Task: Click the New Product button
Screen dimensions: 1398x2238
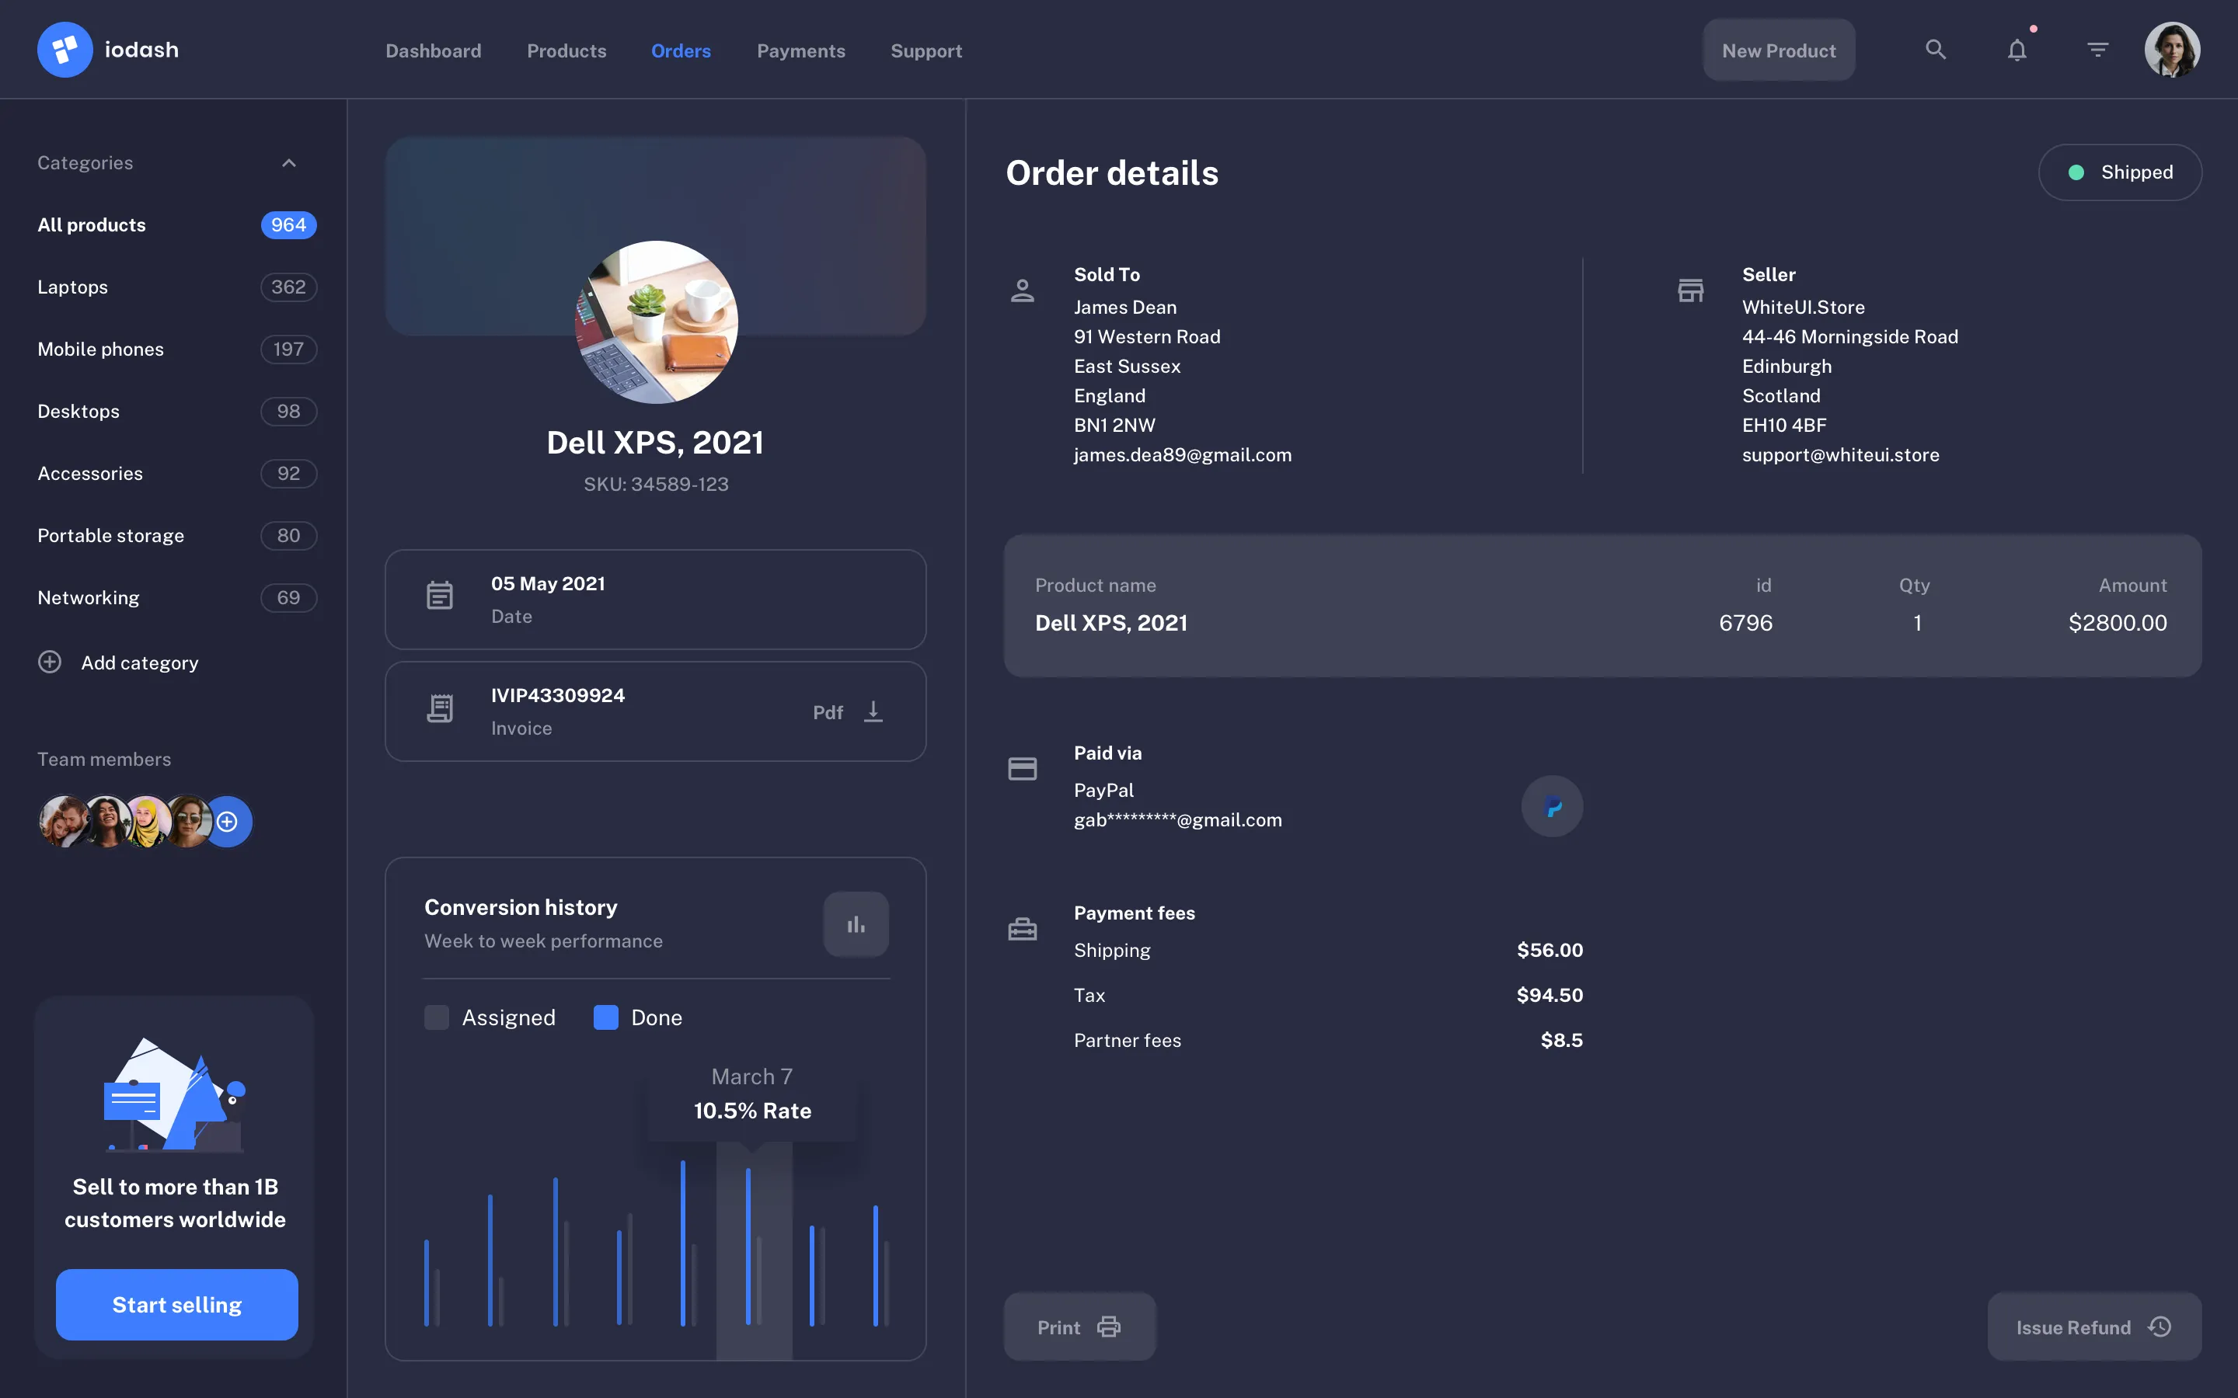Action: pyautogui.click(x=1779, y=50)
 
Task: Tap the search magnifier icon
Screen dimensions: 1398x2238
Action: pyautogui.click(x=1936, y=50)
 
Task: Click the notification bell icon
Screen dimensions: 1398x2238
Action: pyautogui.click(x=2017, y=50)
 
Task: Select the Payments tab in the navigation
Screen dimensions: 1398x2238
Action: pyautogui.click(x=801, y=50)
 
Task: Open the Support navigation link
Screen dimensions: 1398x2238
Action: pyautogui.click(x=926, y=50)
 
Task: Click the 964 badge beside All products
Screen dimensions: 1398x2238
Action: pyautogui.click(x=288, y=224)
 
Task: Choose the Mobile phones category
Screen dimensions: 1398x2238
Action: pyautogui.click(x=101, y=349)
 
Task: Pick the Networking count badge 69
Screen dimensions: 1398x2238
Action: pyautogui.click(x=288, y=598)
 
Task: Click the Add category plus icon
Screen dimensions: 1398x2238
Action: pyautogui.click(x=50, y=662)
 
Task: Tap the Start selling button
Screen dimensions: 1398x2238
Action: pyautogui.click(x=176, y=1305)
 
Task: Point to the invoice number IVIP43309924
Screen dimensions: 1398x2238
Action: pyautogui.click(x=558, y=695)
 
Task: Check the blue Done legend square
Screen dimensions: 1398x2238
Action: pyautogui.click(x=606, y=1017)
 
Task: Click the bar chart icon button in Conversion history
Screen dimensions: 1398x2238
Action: pyautogui.click(x=856, y=924)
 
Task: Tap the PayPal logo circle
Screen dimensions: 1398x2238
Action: pyautogui.click(x=1552, y=806)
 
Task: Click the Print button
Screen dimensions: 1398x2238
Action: pyautogui.click(x=1079, y=1327)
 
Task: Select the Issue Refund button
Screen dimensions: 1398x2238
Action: pyautogui.click(x=2093, y=1327)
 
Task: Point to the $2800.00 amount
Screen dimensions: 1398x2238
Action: pyautogui.click(x=2118, y=623)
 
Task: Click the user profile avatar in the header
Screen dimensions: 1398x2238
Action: pyautogui.click(x=2171, y=50)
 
